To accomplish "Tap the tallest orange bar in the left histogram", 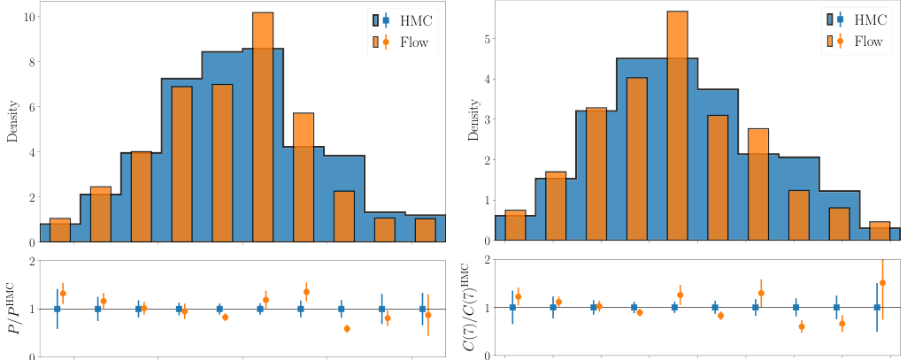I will [263, 124].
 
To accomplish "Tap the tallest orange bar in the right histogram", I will [677, 124].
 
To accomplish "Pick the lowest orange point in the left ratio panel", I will [347, 328].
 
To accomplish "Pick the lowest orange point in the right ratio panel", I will [802, 326].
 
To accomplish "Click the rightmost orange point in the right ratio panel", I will [882, 282].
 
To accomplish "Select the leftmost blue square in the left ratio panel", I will [58, 309].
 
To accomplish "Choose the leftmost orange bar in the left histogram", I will [60, 230].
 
